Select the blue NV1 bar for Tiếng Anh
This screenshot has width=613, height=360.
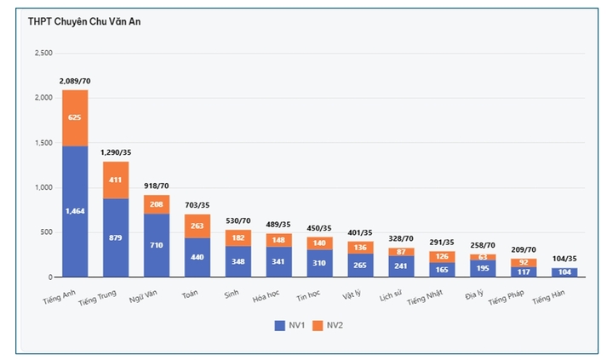tap(75, 211)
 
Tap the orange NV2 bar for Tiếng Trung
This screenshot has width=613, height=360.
tap(116, 180)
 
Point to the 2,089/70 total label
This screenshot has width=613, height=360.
tap(75, 81)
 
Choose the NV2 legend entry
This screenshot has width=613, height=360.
tap(330, 325)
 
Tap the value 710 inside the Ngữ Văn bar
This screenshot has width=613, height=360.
tap(157, 245)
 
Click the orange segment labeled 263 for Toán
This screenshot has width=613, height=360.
tap(198, 226)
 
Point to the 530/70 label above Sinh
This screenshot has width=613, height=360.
tap(238, 220)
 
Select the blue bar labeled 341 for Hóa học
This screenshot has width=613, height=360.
tap(279, 261)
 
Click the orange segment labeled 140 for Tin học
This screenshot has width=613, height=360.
tap(320, 243)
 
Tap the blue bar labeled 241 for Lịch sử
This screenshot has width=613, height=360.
tap(402, 266)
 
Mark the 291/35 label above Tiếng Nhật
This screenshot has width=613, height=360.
tap(443, 242)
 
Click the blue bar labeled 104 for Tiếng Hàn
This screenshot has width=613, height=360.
tap(565, 272)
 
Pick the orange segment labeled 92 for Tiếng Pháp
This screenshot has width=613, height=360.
tap(524, 263)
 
